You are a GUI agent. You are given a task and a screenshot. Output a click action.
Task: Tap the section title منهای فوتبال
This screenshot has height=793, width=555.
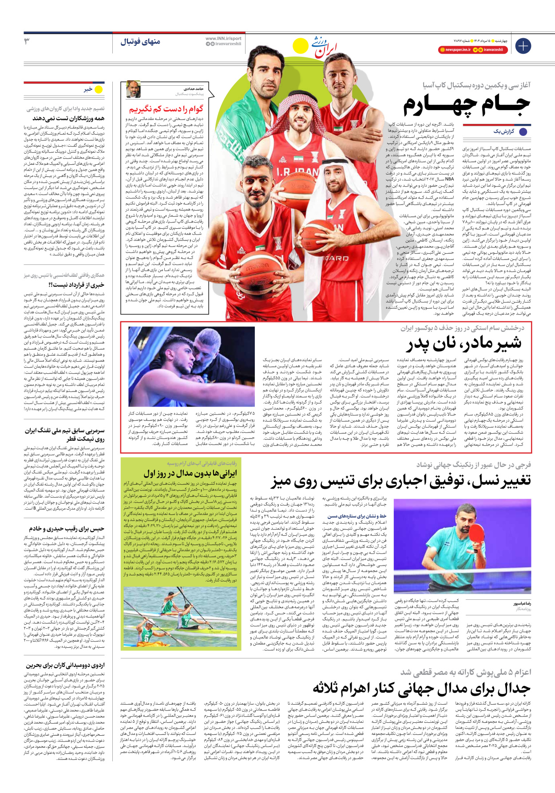[140, 42]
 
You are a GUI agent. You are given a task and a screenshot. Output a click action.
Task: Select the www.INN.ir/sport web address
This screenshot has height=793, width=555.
[223, 39]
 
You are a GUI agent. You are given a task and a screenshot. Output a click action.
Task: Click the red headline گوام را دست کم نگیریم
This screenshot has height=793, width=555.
[166, 109]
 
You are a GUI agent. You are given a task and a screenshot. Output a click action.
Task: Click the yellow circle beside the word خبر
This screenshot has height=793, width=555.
[99, 89]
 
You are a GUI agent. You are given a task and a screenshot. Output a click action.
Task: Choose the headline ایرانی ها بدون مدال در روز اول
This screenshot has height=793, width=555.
[190, 473]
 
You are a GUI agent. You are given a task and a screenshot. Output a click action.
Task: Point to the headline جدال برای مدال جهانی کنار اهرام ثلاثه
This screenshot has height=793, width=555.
[422, 688]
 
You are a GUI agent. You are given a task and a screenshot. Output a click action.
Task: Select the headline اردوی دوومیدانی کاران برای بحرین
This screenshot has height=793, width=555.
[65, 665]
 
